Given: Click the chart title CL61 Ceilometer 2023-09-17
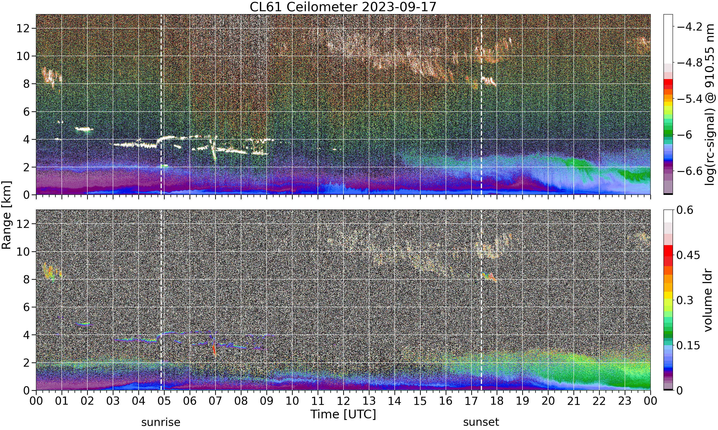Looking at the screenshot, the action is click(343, 7).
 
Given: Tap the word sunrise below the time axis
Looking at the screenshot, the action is click(161, 422).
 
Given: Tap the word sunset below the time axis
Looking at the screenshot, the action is click(481, 422).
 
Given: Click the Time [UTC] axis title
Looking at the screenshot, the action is click(343, 414).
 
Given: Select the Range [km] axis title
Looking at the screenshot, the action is click(6, 215).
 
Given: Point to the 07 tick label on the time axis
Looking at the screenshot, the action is click(215, 401).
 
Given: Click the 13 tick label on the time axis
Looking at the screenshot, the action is click(369, 401).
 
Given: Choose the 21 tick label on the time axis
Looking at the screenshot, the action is click(574, 401).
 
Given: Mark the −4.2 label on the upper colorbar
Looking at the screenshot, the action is click(690, 27).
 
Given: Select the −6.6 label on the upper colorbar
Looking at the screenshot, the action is click(690, 171).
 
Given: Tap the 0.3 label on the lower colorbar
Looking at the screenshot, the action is click(685, 300).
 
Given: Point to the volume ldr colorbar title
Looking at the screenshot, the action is click(708, 300).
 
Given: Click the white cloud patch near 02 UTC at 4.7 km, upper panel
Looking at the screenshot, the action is click(84, 129).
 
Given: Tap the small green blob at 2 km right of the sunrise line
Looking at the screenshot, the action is click(165, 166).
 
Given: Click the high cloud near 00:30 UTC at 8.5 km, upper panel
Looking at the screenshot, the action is click(51, 76).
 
